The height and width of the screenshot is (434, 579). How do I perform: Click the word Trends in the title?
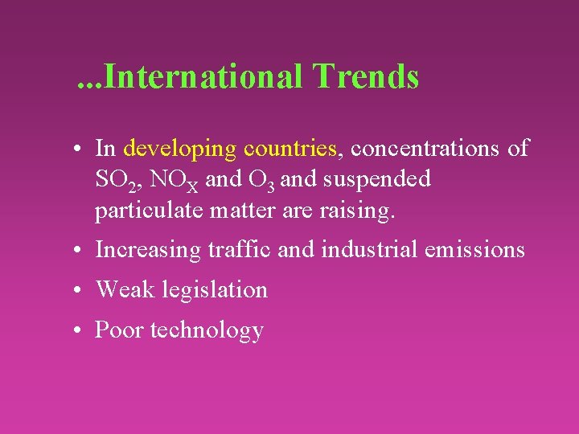click(x=366, y=77)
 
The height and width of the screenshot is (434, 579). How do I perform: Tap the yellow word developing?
click(x=180, y=149)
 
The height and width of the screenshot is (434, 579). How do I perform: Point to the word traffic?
click(x=238, y=250)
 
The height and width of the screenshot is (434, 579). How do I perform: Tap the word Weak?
click(x=125, y=289)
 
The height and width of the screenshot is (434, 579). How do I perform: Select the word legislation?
click(x=215, y=290)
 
